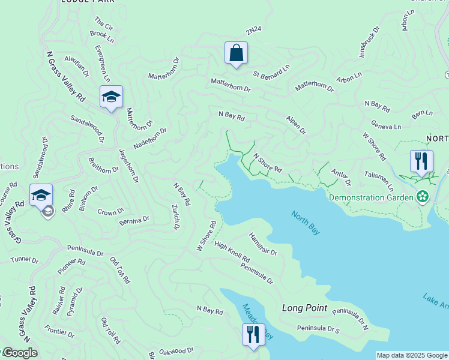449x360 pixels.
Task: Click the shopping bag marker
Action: point(236,53)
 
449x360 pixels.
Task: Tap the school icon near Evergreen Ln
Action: point(111,97)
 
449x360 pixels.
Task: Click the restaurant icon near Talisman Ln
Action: point(421,161)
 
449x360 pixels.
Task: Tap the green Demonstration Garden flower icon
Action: point(423,196)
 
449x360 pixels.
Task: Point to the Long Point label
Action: point(305,308)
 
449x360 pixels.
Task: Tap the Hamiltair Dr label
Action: point(263,244)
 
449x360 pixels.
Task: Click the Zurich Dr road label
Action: point(175,216)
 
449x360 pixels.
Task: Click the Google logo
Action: point(20,352)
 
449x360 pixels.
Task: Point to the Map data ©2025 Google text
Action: point(412,355)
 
